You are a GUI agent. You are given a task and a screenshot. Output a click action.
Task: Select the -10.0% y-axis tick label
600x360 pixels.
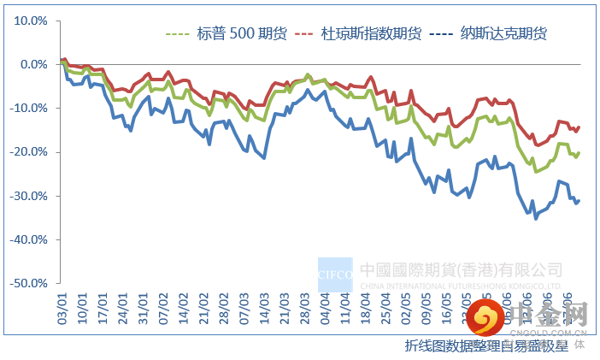(29, 109)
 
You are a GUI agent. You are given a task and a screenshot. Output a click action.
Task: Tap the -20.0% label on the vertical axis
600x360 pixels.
(29, 152)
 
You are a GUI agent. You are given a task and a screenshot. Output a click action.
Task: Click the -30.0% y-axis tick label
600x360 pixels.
(29, 196)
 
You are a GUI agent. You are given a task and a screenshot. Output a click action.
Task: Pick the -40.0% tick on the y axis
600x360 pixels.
(29, 239)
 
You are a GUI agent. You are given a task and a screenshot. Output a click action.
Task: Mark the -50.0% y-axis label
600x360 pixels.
(29, 283)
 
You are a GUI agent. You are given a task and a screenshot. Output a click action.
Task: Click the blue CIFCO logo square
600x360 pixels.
(335, 275)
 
